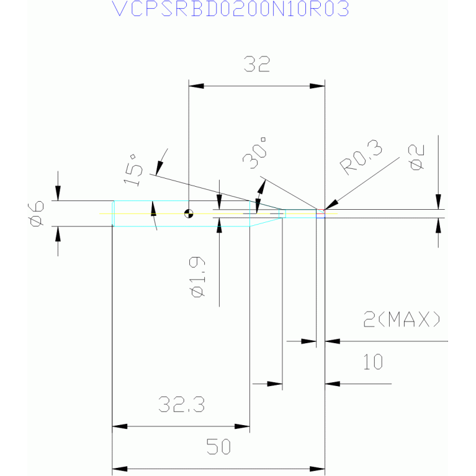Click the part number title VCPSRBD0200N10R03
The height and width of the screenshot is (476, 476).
pos(230,9)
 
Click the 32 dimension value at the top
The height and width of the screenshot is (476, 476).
pos(257,64)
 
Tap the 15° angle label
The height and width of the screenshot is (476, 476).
pos(133,169)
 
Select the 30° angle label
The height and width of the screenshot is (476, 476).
pos(254,153)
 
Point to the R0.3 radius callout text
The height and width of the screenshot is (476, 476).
pos(361,157)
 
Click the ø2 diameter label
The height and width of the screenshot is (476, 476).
pos(416,157)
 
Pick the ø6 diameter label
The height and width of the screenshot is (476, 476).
pos(36,213)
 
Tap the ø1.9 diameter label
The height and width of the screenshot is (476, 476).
pos(197,277)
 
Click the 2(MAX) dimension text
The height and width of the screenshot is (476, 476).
pos(402,319)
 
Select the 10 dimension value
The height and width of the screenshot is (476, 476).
pos(373,362)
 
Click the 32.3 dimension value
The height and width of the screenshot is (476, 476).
pos(182,404)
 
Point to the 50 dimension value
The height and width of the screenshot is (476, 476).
pos(218,447)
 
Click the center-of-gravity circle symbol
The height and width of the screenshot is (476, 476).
pos(189,213)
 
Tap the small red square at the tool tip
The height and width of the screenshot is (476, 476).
pos(321,212)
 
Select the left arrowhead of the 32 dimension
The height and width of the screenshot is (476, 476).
pos(196,86)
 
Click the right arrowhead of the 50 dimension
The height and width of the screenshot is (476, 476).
pos(317,469)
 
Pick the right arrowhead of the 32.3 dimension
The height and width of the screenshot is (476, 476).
pos(242,426)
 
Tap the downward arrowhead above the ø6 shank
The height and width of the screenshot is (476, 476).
pos(58,193)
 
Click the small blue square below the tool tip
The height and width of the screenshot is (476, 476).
pos(321,216)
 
